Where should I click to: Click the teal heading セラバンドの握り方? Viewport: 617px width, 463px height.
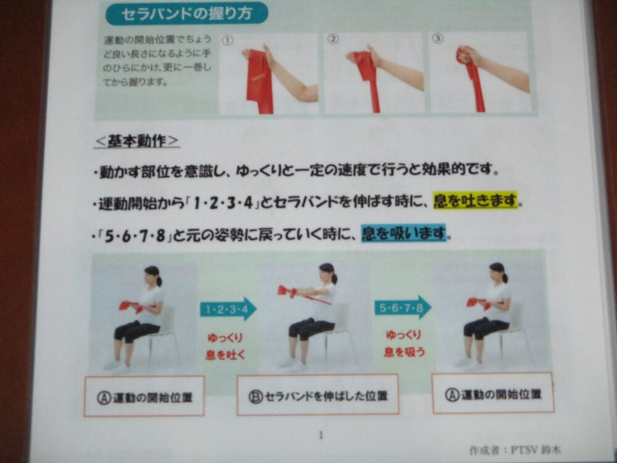[x=186, y=14]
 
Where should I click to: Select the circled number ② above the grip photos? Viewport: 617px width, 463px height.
[x=333, y=40]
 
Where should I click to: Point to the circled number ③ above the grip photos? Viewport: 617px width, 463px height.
[x=437, y=38]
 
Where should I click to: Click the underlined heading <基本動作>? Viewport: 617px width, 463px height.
[x=136, y=141]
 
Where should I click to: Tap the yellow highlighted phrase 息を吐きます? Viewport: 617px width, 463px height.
[x=475, y=201]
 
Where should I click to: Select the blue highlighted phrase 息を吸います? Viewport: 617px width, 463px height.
[x=404, y=233]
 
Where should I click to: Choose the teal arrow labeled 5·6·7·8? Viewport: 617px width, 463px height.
[x=403, y=307]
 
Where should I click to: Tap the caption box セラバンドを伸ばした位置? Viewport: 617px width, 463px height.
[x=318, y=395]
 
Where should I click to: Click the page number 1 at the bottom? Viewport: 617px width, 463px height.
[x=321, y=435]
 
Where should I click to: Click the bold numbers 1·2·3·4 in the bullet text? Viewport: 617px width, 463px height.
[x=224, y=204]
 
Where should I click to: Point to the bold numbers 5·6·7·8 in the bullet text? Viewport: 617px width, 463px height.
[x=135, y=237]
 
